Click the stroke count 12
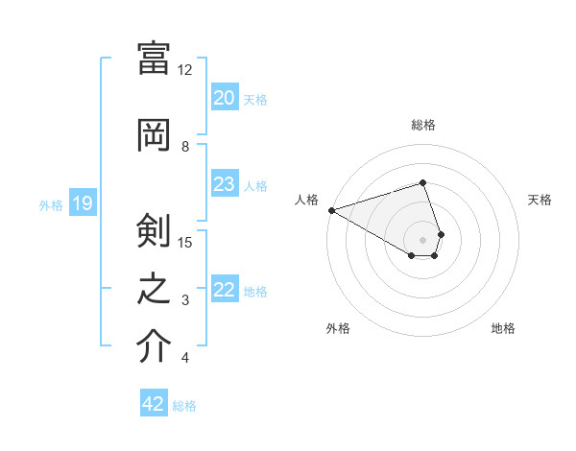coord(185,70)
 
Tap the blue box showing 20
coord(225,98)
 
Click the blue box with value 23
coord(225,184)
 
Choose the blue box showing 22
coord(225,290)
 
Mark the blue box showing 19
coord(82,203)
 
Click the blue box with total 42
coord(154,404)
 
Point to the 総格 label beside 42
coord(184,406)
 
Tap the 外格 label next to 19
coord(51,204)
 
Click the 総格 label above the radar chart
coord(422,125)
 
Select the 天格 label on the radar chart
coord(540,200)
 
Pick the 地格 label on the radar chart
coord(503,328)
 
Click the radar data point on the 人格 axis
coord(331,210)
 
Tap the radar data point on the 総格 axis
coord(422,182)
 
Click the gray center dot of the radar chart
coord(422,239)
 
